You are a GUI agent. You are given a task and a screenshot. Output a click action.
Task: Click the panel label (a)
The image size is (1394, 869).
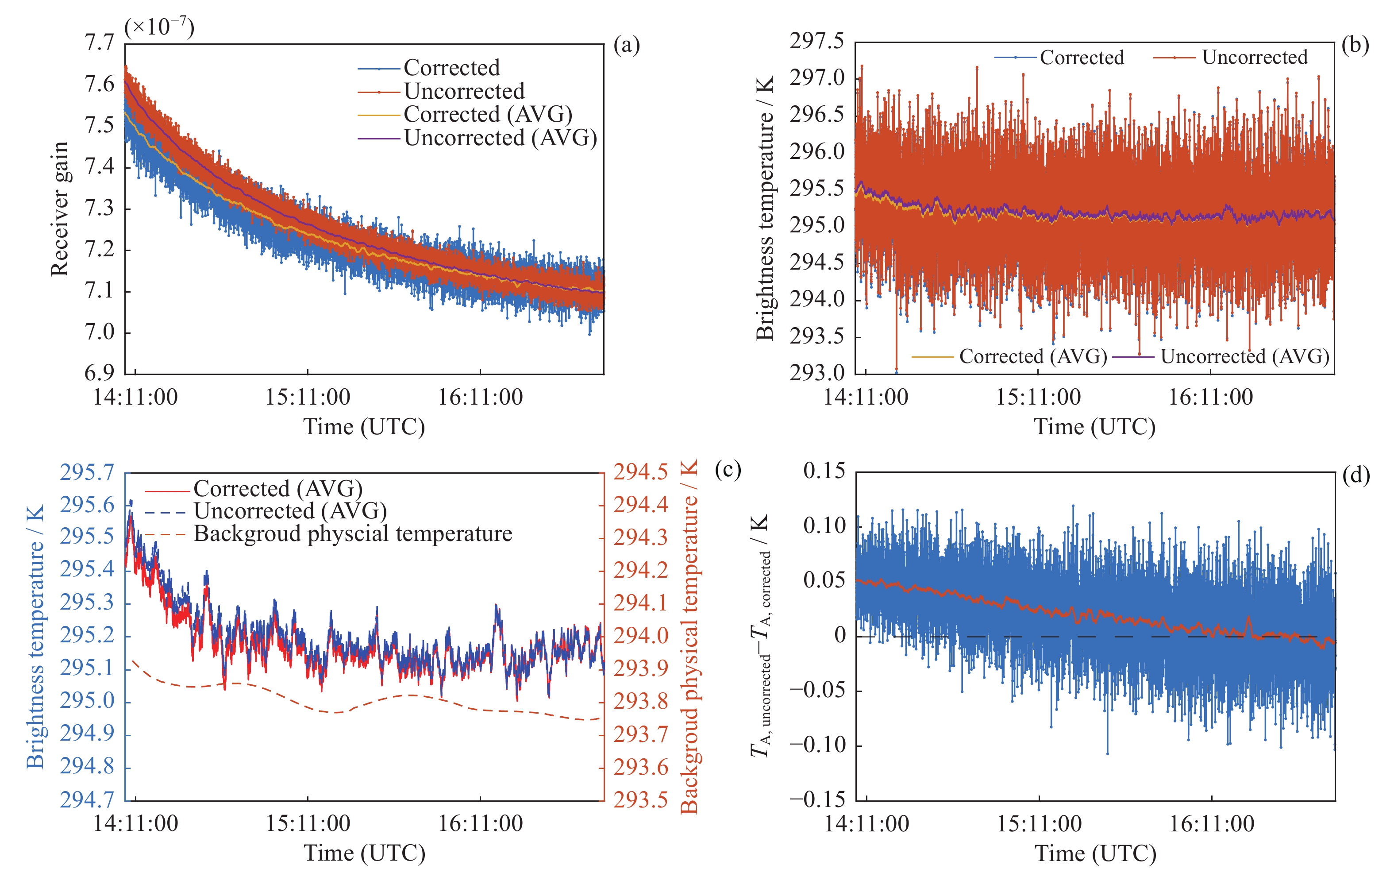[x=626, y=46]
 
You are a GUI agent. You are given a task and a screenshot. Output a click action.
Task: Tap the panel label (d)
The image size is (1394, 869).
[x=1356, y=475]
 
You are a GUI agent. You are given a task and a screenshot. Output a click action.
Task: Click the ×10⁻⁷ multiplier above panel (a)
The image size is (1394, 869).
[x=159, y=27]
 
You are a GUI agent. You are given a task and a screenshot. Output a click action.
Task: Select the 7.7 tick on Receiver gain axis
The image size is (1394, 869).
[x=100, y=42]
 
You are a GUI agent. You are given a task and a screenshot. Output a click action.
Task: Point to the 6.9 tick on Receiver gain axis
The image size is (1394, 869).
[x=100, y=373]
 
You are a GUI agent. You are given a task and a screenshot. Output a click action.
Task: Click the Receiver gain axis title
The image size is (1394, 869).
[x=60, y=208]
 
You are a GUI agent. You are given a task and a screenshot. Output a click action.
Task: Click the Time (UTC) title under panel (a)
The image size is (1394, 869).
[x=364, y=427]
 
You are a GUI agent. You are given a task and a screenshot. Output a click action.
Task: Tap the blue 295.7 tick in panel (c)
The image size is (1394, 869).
[x=87, y=472]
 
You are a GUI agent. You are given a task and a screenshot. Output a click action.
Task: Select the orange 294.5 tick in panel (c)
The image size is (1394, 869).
[x=640, y=472]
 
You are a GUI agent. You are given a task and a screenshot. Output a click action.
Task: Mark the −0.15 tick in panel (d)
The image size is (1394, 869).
[x=817, y=799]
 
